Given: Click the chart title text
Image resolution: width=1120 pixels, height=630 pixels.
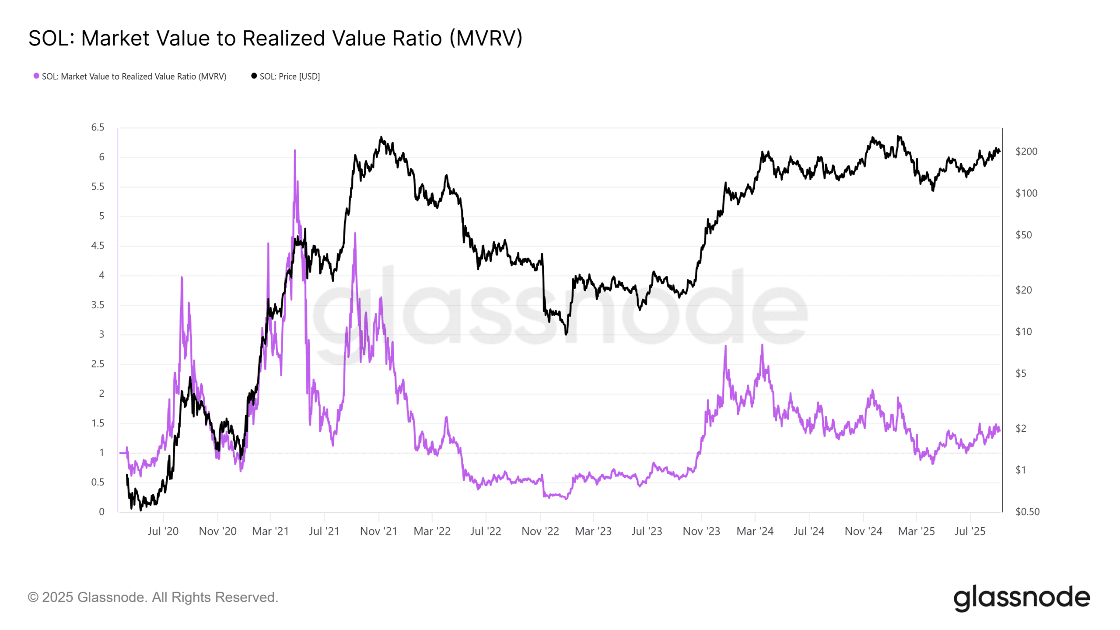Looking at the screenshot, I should (275, 38).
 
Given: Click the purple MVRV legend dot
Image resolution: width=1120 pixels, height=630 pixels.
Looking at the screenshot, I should (36, 76).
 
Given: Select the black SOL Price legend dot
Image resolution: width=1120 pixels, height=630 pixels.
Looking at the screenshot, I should (254, 76).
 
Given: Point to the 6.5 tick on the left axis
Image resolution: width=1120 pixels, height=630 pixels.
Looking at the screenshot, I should (98, 127).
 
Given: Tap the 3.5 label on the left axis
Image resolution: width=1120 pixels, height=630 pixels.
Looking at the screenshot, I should (98, 305).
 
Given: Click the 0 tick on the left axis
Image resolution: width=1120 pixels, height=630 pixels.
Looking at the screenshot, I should (101, 512).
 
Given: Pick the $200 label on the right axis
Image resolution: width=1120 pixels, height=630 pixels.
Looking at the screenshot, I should (1026, 151).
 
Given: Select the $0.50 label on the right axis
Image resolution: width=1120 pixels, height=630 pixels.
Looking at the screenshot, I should (1027, 511).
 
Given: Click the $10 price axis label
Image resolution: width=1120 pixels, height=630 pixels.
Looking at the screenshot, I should (1024, 332).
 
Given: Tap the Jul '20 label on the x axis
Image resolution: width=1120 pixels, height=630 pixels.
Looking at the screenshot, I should (163, 531).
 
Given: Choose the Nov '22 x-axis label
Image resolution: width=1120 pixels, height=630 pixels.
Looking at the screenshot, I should (540, 531).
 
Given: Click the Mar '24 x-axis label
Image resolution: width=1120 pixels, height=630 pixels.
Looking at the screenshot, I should (755, 531).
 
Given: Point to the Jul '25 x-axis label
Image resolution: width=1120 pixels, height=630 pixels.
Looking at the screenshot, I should (970, 531).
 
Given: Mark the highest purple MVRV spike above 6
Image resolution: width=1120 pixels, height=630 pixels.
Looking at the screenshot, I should (295, 150).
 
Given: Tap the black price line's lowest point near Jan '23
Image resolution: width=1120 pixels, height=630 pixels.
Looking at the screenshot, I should (566, 334).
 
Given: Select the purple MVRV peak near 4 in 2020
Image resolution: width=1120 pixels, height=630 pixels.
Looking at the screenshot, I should (182, 277).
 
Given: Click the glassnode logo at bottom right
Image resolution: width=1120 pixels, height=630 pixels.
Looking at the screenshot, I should (1022, 598).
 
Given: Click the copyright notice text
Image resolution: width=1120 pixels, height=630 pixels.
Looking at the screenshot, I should (153, 597).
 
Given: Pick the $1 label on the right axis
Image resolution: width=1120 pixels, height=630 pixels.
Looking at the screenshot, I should (1021, 470).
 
